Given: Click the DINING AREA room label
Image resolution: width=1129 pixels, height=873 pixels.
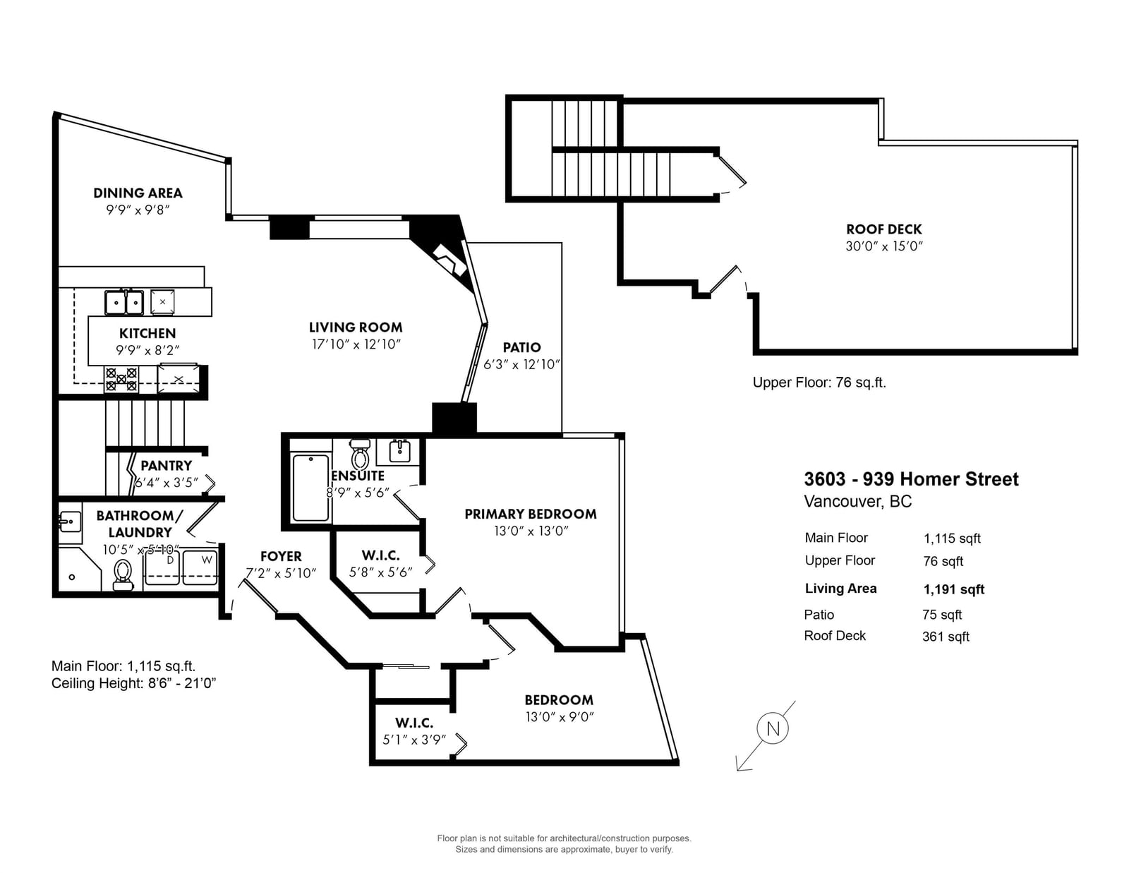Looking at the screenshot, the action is pos(138,193).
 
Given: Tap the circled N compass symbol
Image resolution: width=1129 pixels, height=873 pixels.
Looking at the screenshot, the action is pos(773,728).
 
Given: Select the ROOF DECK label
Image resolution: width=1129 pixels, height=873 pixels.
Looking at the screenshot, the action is pos(883,229).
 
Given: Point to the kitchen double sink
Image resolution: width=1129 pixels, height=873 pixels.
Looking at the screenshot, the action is pos(125,303).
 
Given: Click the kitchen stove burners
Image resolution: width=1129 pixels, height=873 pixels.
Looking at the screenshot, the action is pos(121,380).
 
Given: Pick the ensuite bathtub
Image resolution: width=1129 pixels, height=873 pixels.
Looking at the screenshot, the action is pos(310,488).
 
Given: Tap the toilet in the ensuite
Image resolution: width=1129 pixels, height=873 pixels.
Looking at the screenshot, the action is pos(360,454).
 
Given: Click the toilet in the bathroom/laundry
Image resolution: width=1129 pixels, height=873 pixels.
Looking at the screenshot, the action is pos(123,574).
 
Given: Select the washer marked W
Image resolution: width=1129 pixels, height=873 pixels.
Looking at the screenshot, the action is pos(200,567).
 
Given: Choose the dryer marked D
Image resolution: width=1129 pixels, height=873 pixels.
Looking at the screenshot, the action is pos(162,567).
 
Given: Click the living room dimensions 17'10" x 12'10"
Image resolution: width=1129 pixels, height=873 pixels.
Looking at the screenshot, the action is pos(356,344).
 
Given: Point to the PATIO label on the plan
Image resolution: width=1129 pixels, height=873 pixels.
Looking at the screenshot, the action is pos(521,347).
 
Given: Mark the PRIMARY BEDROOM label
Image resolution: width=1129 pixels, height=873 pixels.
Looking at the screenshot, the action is pos(531,514).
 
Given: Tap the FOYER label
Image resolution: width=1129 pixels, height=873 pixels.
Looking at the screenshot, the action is pos(281,556).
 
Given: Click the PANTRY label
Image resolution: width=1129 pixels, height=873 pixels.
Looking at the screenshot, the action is pos(167,465).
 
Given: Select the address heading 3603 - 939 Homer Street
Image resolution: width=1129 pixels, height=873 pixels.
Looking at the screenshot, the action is pos(911,478).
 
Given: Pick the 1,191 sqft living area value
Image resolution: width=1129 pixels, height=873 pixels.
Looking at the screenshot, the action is pos(954,589).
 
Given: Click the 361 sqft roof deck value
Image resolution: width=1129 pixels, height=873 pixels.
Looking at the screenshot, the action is pos(946,637).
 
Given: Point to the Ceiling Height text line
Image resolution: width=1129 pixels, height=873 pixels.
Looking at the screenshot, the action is pos(133,683).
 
